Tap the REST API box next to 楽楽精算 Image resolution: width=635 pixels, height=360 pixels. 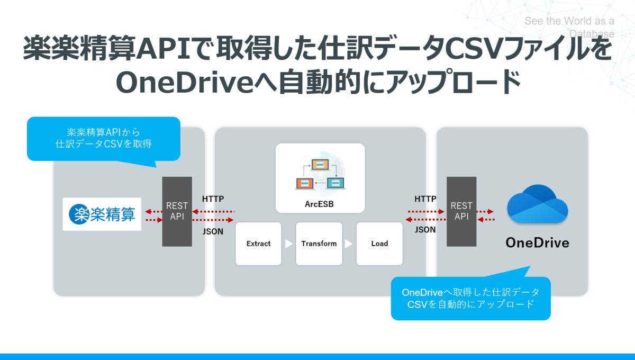tap(177, 211)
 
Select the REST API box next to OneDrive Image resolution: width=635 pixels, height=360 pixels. tap(461, 211)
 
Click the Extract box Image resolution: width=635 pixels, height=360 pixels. tap(258, 244)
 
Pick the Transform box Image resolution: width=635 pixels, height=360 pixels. tap(319, 244)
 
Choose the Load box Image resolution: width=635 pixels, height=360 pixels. tap(379, 244)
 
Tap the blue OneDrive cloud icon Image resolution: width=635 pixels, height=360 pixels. tap(537, 204)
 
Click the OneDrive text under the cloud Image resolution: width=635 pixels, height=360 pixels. tap(537, 243)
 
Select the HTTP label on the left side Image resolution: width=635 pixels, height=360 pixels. tap(213, 199)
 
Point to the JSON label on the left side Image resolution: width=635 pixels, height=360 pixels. tap(213, 231)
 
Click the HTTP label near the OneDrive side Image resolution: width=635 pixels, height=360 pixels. tap(425, 199)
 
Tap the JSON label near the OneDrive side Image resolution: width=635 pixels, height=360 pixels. tap(425, 230)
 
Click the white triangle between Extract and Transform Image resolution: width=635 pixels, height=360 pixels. tap(288, 244)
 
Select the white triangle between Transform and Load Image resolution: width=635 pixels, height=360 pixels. tap(349, 244)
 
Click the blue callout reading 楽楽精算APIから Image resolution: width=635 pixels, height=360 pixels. tap(104, 138)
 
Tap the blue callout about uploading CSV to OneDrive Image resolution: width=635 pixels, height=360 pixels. tap(470, 299)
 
